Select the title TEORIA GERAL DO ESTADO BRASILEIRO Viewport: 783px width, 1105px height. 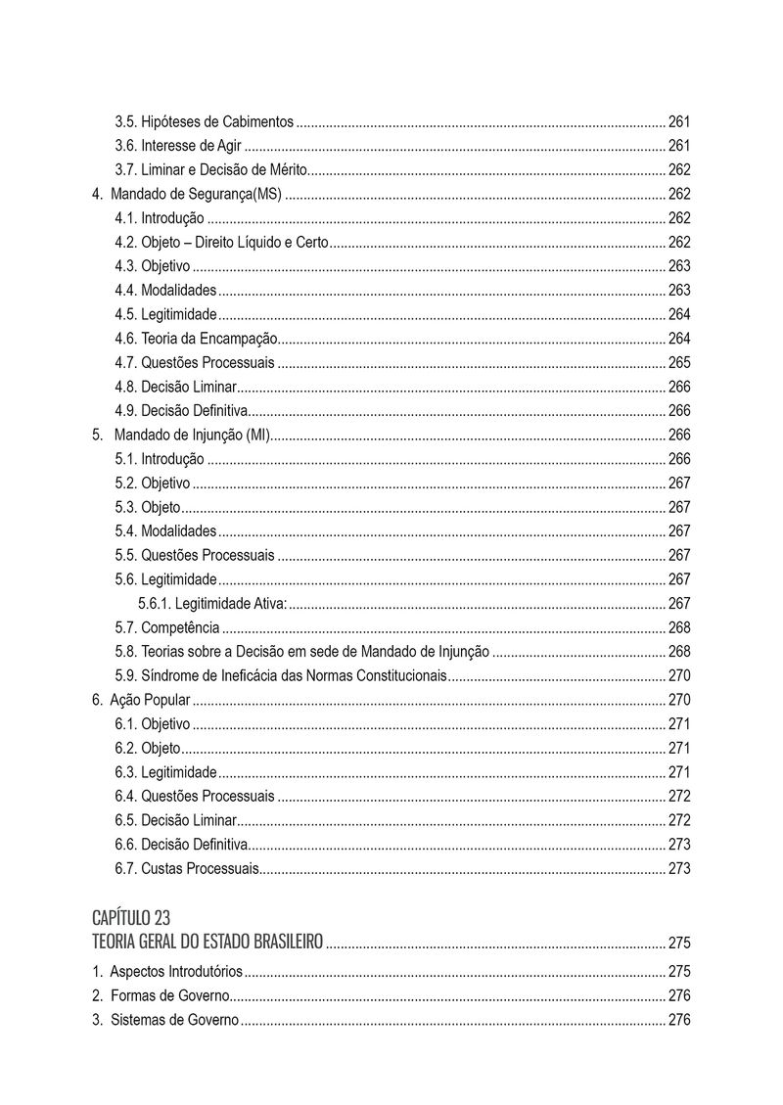pos(207,943)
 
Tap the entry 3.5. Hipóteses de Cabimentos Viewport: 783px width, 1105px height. pos(204,122)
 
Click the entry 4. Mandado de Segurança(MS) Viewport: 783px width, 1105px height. pos(187,194)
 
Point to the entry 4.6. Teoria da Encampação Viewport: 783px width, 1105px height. pos(196,339)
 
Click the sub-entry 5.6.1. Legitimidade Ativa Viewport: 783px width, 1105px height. pos(212,604)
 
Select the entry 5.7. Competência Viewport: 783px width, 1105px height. pos(166,627)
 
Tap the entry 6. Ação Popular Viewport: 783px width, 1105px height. pos(141,701)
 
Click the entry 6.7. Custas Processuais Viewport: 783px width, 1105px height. pos(187,868)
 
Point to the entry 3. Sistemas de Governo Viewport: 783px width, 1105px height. pos(164,1020)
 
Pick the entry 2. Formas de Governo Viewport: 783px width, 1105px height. pos(161,995)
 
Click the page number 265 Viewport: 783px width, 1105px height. pos(679,363)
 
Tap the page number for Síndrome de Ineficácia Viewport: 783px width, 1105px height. pos(679,675)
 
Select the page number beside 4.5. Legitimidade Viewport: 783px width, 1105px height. pos(679,314)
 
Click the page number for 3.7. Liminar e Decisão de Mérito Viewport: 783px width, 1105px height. pos(679,170)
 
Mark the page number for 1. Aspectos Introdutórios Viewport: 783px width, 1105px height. pos(679,972)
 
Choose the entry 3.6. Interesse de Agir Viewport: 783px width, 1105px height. pos(178,147)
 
